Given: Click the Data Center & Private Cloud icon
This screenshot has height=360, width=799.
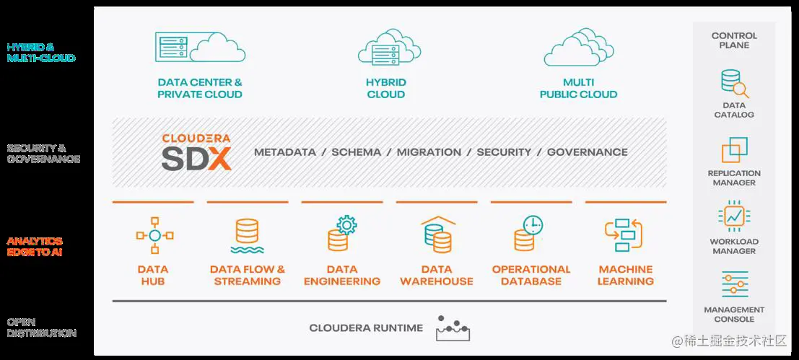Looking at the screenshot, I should [x=200, y=47].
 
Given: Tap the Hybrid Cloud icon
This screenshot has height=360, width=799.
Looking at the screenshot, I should [x=385, y=48].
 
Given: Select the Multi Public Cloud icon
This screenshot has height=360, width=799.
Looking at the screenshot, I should [x=578, y=48].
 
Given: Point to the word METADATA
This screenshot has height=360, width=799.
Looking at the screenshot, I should [x=285, y=152].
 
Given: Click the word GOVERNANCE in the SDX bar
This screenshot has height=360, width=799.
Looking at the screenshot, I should [x=587, y=152].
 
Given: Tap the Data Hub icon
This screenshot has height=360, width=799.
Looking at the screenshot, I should [x=153, y=235].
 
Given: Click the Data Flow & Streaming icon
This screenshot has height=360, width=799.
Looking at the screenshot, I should [x=248, y=236].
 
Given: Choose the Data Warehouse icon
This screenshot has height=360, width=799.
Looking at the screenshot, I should [x=437, y=233].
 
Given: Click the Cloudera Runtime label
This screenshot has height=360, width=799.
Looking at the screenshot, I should [x=366, y=328].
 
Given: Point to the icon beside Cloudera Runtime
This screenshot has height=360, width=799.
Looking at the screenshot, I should [x=453, y=329].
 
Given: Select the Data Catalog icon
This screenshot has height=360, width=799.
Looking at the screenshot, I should [x=734, y=83].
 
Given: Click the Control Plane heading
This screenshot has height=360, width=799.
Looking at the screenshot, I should [x=734, y=40].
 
